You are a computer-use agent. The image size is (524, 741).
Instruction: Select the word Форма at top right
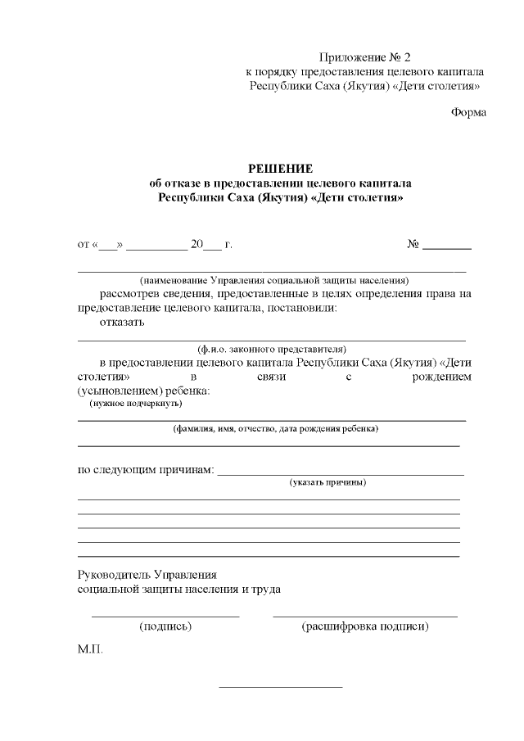[x=469, y=112]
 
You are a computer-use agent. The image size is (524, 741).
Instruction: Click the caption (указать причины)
[x=327, y=482]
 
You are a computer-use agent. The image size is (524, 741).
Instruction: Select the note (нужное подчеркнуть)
[x=135, y=403]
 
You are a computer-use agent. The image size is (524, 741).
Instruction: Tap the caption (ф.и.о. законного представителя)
[x=272, y=348]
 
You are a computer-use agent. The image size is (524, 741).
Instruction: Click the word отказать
[x=122, y=322]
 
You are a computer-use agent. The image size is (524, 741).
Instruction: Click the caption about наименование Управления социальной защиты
[x=273, y=280]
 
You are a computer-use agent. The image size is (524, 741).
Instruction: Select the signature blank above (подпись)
[x=165, y=615]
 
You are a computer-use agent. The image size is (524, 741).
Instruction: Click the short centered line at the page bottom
[x=280, y=687]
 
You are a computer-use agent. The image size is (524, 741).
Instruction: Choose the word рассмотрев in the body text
[x=132, y=293]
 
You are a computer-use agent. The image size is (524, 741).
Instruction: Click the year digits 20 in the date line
[x=196, y=245]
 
